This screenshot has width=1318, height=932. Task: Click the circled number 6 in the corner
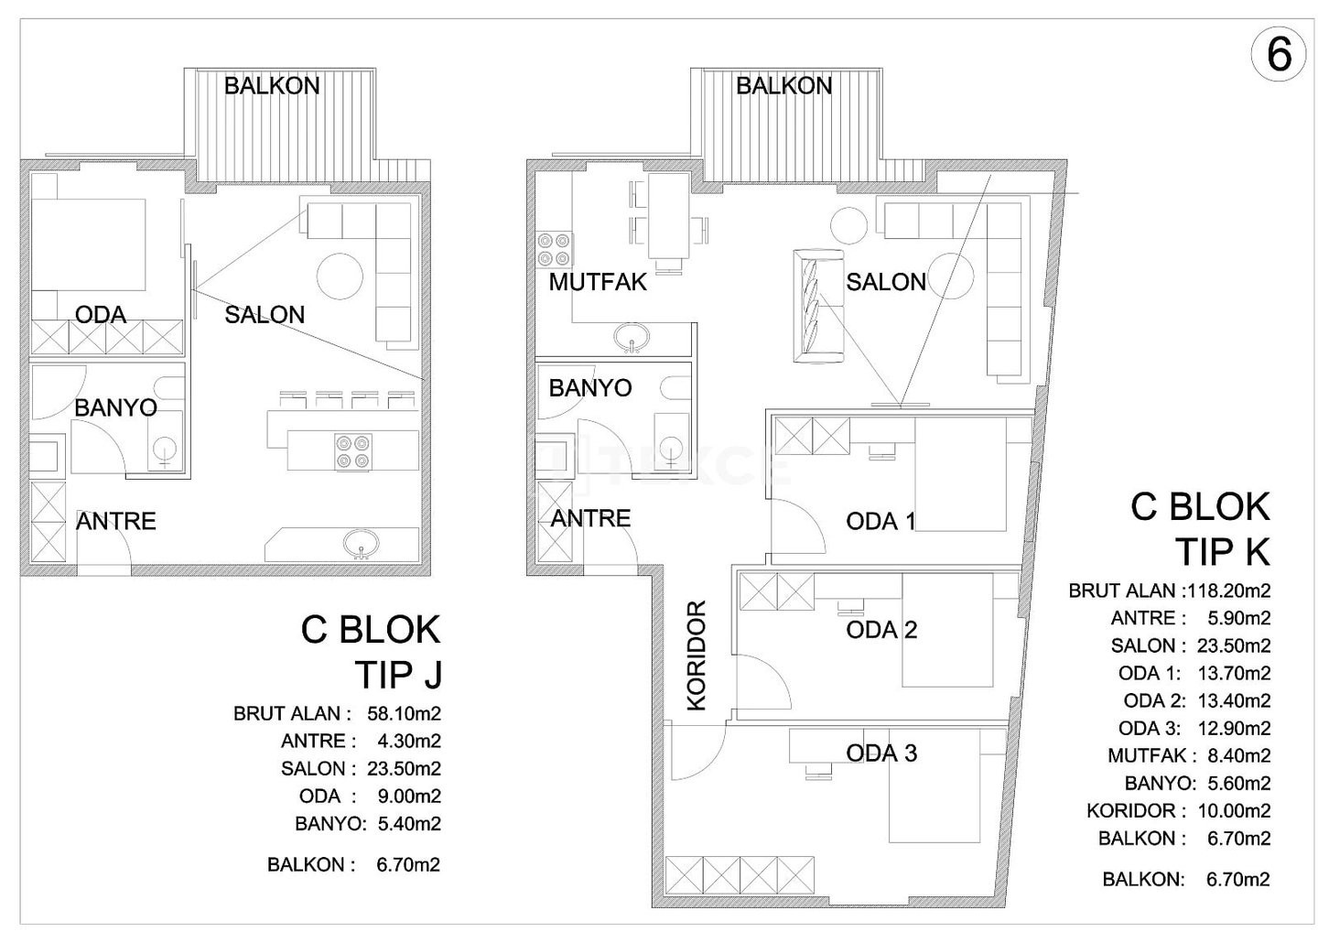[1279, 57]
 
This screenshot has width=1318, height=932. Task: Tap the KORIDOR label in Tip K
[697, 656]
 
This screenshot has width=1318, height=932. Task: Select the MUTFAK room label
[598, 282]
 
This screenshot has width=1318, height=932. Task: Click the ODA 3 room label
[881, 753]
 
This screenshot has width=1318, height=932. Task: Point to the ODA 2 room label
[881, 630]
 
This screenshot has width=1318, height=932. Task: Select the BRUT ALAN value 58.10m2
[404, 713]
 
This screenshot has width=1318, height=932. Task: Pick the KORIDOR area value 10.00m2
[1234, 811]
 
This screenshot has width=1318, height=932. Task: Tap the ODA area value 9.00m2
[409, 797]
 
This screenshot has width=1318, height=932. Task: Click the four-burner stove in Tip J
[353, 451]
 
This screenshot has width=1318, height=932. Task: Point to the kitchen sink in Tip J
[360, 543]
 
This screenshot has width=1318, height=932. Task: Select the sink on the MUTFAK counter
[632, 338]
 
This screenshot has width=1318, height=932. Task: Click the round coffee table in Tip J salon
[340, 276]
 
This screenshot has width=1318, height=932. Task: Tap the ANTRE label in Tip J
[116, 521]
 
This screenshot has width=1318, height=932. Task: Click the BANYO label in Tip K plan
[590, 388]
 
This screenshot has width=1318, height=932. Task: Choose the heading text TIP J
[399, 675]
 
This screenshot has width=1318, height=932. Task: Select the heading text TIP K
[1224, 552]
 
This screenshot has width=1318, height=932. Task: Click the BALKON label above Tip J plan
[272, 86]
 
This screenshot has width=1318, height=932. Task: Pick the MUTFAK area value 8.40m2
[1239, 755]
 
